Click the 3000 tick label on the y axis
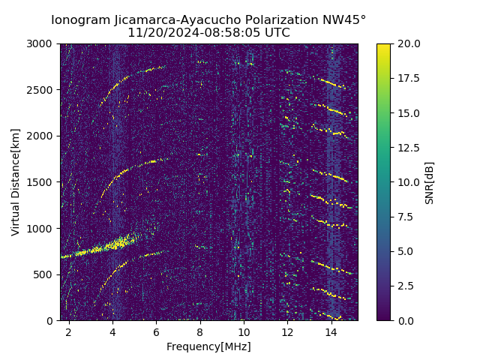[41, 44]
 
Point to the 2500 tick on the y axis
[41, 90]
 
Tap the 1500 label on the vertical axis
[41, 182]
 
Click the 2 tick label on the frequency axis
[69, 331]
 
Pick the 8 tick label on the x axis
[200, 331]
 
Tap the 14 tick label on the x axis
[331, 331]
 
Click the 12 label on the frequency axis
[288, 331]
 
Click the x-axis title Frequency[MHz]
[208, 346]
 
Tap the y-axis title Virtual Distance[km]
[16, 181]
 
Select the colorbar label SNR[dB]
[430, 182]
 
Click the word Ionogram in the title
[78, 20]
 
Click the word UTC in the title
[276, 33]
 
